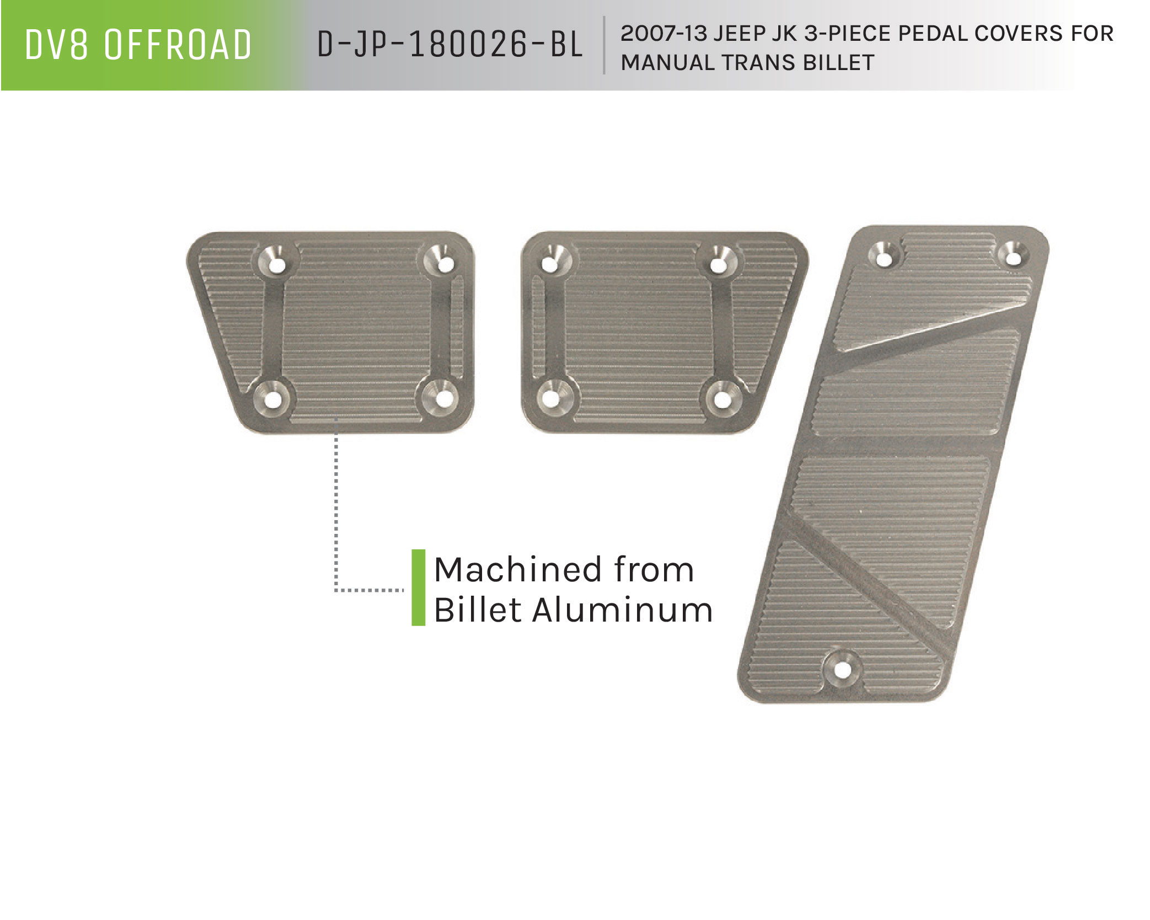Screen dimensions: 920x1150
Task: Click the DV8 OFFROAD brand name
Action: [x=138, y=45]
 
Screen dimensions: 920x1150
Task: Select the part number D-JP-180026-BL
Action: [x=450, y=45]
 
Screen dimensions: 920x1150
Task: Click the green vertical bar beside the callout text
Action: [x=419, y=587]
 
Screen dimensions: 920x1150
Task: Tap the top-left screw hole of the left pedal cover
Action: [x=277, y=266]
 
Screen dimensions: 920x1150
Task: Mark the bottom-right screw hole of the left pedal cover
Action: [x=441, y=397]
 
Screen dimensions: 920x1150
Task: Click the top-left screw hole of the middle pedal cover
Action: [x=549, y=264]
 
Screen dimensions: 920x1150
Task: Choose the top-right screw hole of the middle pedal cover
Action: [x=718, y=265]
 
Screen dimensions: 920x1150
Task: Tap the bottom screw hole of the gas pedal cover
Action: [x=841, y=670]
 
